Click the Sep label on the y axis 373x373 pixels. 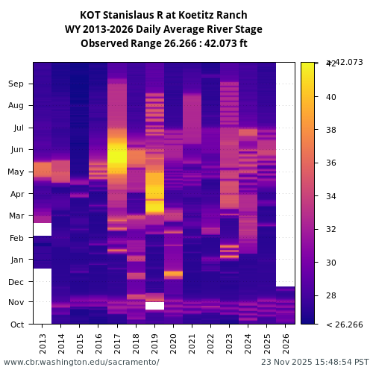tap(16, 84)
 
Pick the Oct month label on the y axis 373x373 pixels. tap(17, 324)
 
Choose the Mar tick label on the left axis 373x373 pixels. tap(16, 216)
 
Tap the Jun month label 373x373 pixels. tap(16, 149)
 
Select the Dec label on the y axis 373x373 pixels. tap(16, 281)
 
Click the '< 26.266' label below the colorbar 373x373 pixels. tap(345, 325)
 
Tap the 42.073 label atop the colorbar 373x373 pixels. tap(346, 62)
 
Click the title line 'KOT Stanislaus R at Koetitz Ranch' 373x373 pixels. tap(163, 15)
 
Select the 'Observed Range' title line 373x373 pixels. tap(163, 43)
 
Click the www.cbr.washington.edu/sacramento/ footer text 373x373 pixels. tap(81, 362)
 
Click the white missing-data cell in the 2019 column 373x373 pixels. tap(154, 305)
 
